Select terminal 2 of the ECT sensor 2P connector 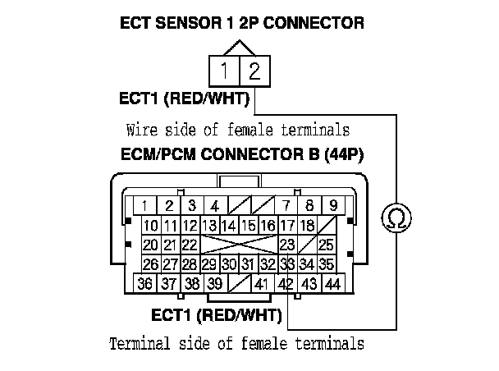click(254, 71)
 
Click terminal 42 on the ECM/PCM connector click(286, 284)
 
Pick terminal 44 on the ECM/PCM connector click(332, 284)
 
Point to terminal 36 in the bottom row click(146, 284)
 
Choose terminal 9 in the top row click(332, 206)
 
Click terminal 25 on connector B click(326, 245)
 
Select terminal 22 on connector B click(190, 245)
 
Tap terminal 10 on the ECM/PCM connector click(151, 226)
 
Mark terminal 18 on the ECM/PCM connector click(306, 226)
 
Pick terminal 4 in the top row click(213, 206)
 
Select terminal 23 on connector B click(286, 245)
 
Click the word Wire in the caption click(141, 130)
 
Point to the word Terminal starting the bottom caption click(135, 343)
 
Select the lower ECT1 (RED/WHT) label click(217, 314)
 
